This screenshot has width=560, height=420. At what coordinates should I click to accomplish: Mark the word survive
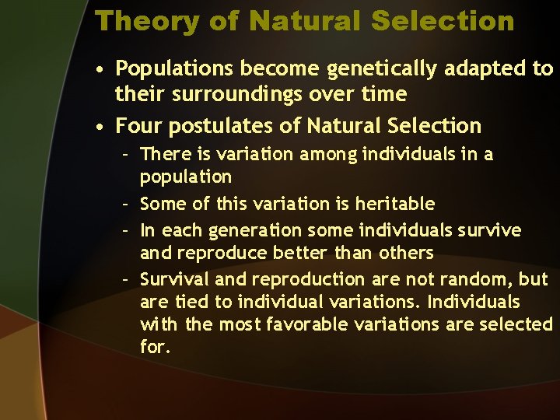point(488,230)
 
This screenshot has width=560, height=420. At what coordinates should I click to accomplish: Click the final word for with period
point(155,347)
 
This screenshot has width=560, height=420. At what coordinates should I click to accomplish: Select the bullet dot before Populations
point(100,70)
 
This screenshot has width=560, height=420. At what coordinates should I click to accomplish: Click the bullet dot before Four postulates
point(100,126)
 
